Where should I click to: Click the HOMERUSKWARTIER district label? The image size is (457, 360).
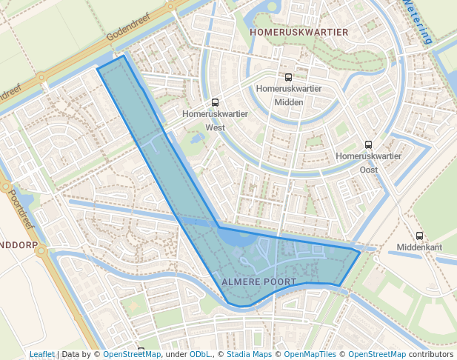tap(298, 33)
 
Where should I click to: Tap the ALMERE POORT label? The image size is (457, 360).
tap(258, 282)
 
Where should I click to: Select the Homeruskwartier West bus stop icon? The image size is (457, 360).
tap(215, 103)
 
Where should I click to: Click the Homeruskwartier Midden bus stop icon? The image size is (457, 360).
tap(288, 76)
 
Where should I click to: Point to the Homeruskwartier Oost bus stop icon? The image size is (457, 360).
tap(368, 144)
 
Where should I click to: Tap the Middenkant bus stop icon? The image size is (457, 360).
tap(419, 236)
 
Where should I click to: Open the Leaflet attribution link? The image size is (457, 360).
tap(41, 355)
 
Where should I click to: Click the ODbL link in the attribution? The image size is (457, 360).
tap(200, 355)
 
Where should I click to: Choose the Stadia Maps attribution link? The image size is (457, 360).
tap(249, 355)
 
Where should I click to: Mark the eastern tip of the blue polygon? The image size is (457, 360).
tap(360, 253)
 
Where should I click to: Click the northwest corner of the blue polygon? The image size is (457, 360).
tap(99, 69)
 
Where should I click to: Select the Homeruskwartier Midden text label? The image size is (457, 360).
tap(288, 95)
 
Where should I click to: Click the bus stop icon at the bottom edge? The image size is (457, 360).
tap(141, 350)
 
